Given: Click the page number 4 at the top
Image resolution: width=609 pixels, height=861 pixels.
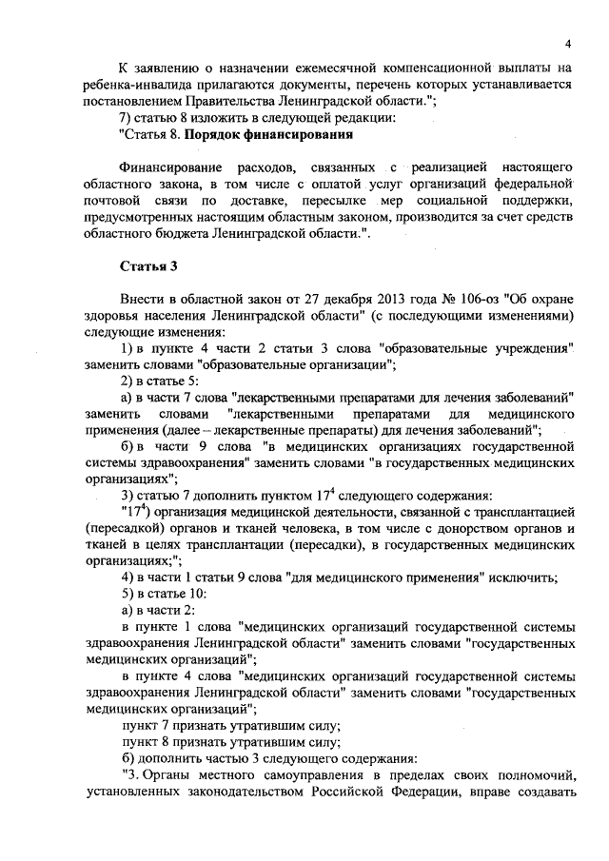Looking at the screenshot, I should click(x=567, y=43).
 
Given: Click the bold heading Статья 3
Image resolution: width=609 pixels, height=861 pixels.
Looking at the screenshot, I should click(x=144, y=264).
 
